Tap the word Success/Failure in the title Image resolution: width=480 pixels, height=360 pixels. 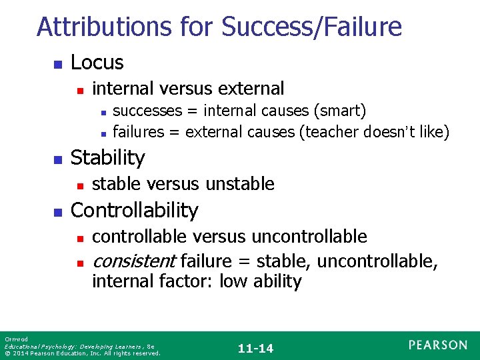click(x=311, y=27)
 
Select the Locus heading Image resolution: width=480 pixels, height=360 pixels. click(x=97, y=63)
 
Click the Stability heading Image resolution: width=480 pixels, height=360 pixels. click(x=107, y=158)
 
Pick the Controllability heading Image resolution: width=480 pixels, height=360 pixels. click(x=134, y=211)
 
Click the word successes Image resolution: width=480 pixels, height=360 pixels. click(x=145, y=110)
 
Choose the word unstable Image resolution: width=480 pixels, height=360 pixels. click(x=242, y=184)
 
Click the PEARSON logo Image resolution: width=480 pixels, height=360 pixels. click(x=438, y=345)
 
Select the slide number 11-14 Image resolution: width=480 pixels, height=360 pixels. click(x=256, y=347)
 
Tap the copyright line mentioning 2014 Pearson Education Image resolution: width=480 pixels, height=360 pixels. click(x=82, y=353)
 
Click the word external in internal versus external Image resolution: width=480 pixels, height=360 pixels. click(x=250, y=89)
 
